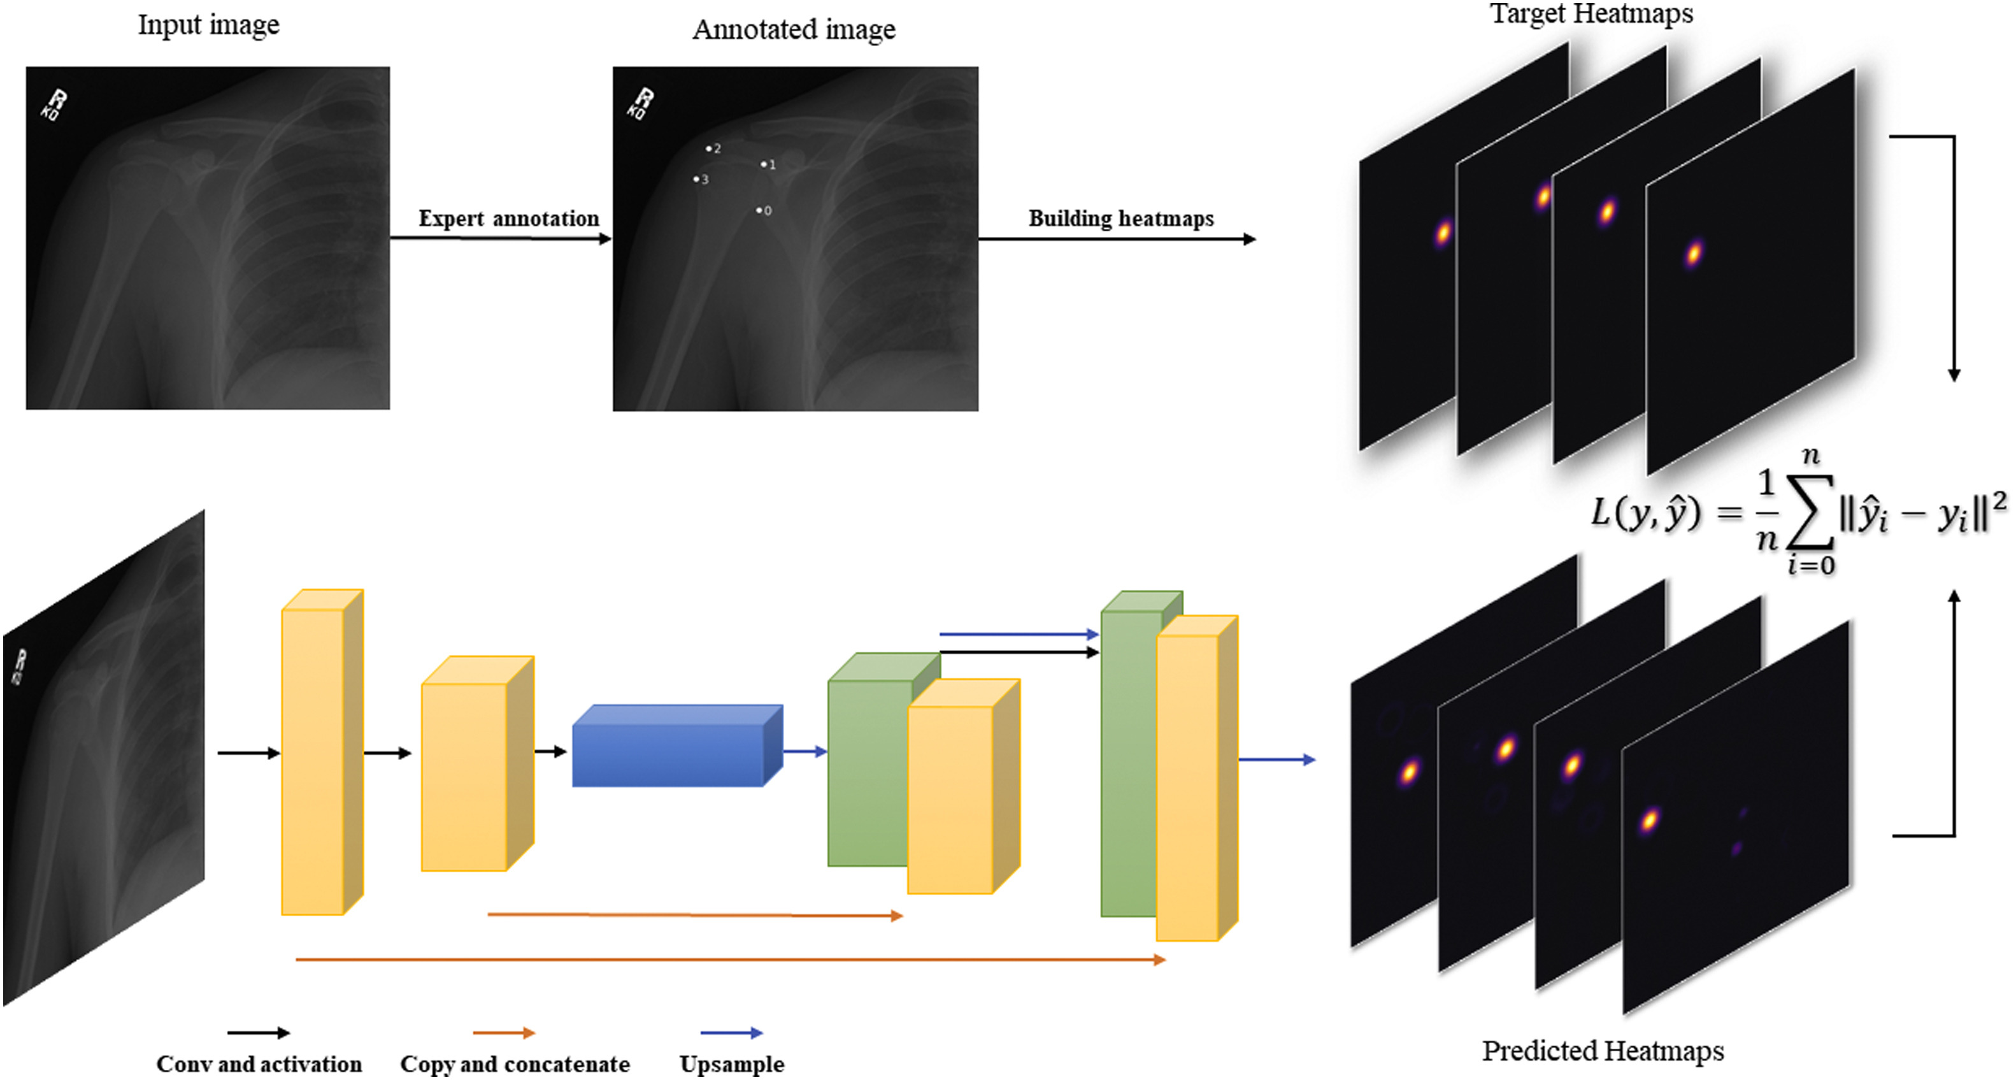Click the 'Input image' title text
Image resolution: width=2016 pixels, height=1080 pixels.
[208, 25]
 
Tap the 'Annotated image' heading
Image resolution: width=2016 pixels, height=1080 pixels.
[794, 30]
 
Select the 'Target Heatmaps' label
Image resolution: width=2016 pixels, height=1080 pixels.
[1591, 13]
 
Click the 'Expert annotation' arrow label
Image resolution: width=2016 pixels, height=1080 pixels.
[509, 219]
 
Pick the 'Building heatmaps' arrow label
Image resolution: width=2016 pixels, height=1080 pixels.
[1120, 219]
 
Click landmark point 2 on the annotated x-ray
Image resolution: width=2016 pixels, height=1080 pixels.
[708, 148]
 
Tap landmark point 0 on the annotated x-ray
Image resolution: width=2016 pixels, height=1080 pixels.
[759, 210]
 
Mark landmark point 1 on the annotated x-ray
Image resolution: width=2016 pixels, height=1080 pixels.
[764, 164]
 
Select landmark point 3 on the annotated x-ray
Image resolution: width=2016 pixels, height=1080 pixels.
[696, 179]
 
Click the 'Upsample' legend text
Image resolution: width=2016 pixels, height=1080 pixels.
[732, 1064]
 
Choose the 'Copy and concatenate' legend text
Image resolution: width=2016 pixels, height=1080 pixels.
[514, 1064]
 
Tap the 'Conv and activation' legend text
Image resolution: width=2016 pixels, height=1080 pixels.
[259, 1064]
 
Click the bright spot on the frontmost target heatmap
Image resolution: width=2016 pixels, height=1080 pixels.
[1694, 254]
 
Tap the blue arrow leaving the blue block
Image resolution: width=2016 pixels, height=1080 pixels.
[804, 752]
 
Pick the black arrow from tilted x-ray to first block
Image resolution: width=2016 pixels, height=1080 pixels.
[248, 753]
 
